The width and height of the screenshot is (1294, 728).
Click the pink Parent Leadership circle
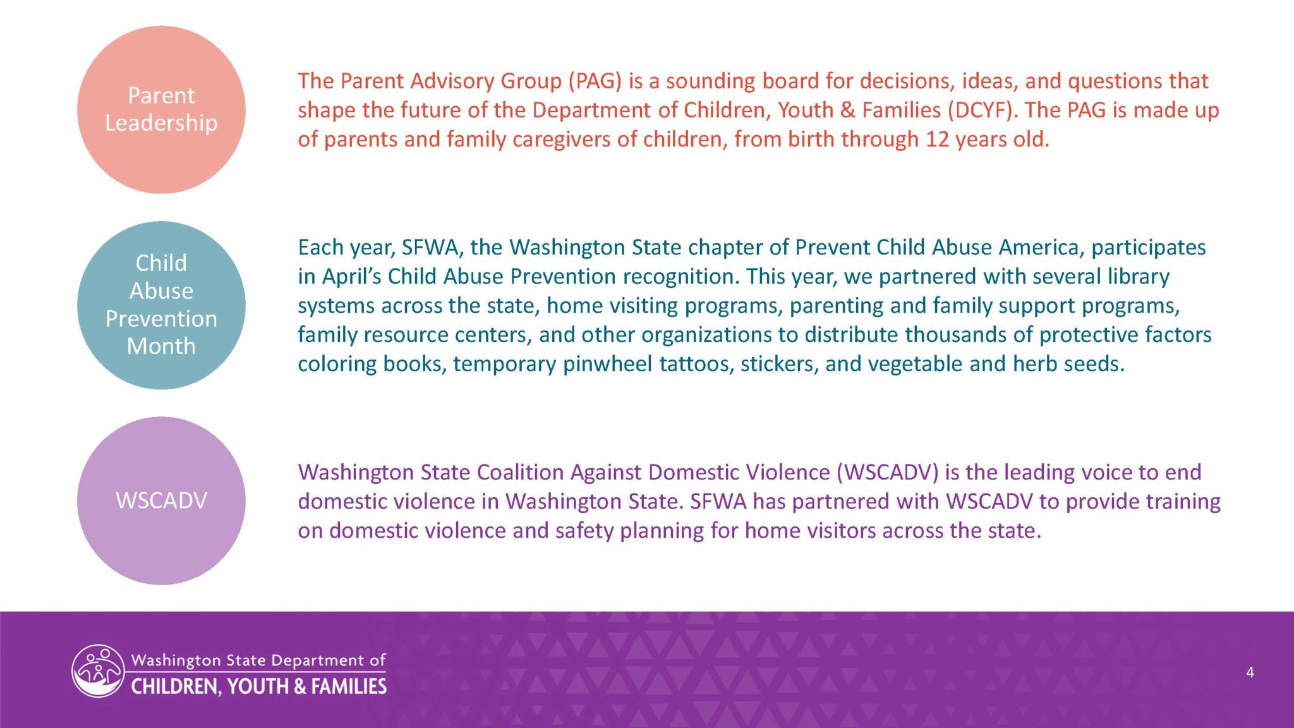coord(161,110)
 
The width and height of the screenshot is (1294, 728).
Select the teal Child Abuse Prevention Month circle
coord(161,305)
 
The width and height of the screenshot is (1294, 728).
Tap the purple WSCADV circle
coord(161,500)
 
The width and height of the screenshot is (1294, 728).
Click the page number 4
coord(1250,672)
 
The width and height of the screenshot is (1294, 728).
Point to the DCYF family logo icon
coord(98,671)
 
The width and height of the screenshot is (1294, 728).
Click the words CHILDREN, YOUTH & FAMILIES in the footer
coord(258,687)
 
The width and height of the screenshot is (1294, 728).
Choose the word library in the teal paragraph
coord(1138,277)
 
